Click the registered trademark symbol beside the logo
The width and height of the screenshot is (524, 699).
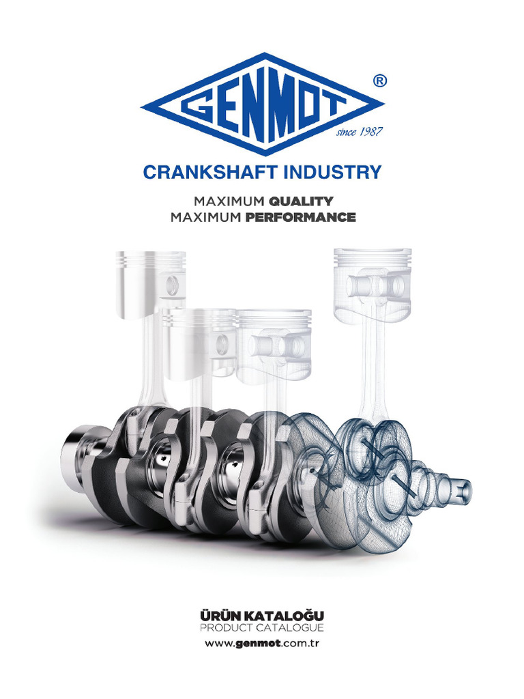click(381, 81)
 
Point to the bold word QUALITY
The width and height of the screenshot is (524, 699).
click(300, 201)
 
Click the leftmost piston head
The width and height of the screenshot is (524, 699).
click(150, 283)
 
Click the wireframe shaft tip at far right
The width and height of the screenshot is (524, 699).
click(463, 488)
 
